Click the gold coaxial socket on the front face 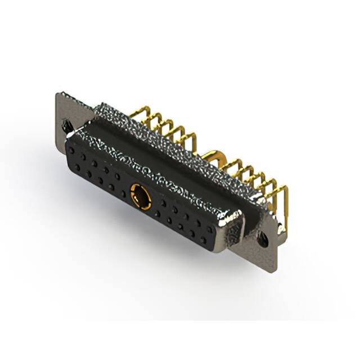click(139, 193)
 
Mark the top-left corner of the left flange click(58, 93)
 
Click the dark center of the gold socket click(139, 194)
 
